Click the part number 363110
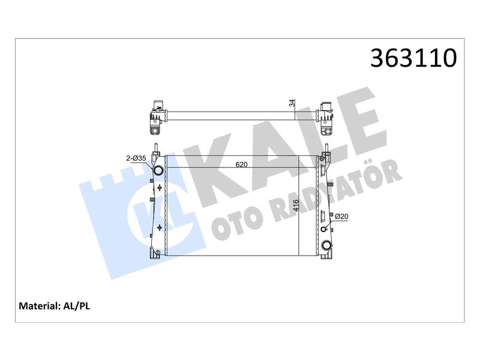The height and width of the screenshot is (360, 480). pos(413,58)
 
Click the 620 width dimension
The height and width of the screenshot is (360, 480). pos(242,164)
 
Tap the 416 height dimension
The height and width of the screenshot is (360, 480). pos(295,205)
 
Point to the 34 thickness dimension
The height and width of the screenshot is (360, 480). pos(293,103)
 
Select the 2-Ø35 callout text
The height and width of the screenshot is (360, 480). pos(136,158)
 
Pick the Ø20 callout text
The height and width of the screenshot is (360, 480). pos(341,217)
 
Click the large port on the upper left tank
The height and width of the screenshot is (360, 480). pos(158,170)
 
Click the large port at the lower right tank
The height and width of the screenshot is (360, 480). pos(326,245)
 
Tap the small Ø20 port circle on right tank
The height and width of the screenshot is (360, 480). pos(324,229)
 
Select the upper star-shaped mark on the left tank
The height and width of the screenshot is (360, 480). pos(159,188)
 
